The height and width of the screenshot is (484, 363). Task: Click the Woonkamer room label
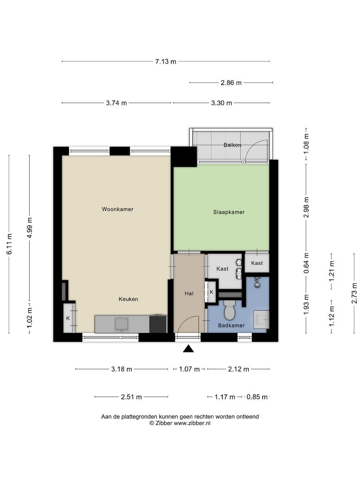point(117,209)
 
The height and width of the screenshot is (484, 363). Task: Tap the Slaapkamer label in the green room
point(229,212)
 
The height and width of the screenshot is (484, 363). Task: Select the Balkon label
point(233,145)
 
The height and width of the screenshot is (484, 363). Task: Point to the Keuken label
point(129,299)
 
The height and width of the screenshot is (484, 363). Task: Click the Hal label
point(189,294)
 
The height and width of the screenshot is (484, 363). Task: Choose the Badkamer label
point(232,325)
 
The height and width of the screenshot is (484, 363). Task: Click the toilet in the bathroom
point(229,310)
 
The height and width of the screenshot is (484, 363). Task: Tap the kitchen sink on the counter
point(121,324)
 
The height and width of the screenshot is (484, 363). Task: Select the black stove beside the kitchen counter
point(158,324)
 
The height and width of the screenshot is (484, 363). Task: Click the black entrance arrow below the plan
point(188,349)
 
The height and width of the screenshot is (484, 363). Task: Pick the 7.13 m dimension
point(166,61)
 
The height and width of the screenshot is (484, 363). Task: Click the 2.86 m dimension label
point(231,83)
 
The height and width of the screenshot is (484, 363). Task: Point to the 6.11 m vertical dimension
point(9,244)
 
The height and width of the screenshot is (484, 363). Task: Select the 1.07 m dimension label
point(190,369)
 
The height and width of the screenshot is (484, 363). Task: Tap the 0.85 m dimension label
point(257,397)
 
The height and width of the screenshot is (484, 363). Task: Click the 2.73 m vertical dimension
point(354,293)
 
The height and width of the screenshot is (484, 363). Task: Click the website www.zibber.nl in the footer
point(192,423)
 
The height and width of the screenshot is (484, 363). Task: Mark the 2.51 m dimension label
point(131,397)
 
